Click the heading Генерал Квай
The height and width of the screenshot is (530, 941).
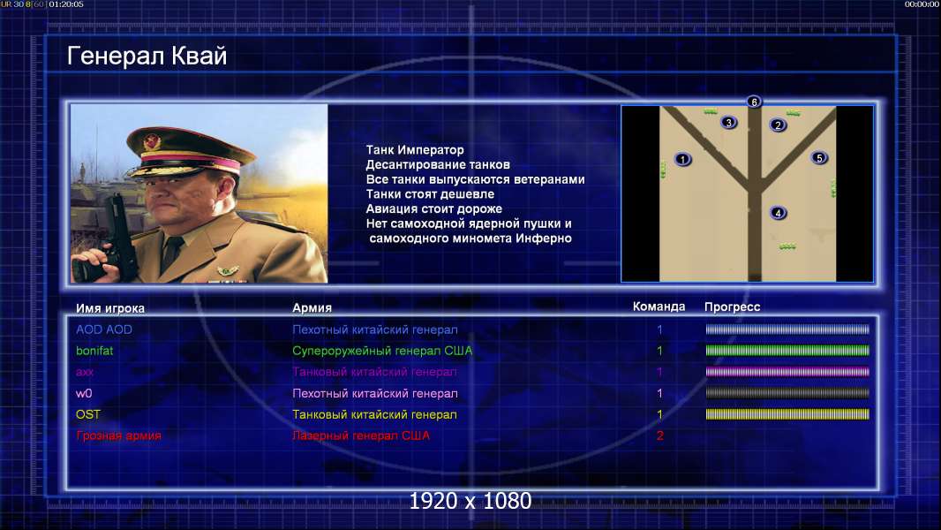tap(147, 57)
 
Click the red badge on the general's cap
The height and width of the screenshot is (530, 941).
tap(153, 141)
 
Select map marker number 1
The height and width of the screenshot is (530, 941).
tap(683, 159)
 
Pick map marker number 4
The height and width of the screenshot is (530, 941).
tap(778, 213)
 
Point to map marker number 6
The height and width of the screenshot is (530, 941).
tap(754, 102)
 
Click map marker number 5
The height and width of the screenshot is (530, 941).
tap(819, 158)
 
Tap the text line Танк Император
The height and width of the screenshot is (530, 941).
tap(415, 150)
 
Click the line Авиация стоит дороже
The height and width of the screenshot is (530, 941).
tap(434, 208)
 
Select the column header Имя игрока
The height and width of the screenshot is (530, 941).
tap(109, 308)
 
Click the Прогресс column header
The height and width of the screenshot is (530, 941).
tap(732, 307)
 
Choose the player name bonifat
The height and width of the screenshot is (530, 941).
tap(94, 351)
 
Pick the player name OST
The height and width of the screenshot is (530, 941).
tap(88, 414)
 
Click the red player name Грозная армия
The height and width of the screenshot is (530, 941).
tap(118, 435)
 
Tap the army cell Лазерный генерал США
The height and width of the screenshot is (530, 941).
tap(361, 435)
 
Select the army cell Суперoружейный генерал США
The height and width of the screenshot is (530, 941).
tap(382, 351)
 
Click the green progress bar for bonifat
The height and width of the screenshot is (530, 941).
tap(787, 351)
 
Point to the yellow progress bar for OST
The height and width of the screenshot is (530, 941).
tap(787, 414)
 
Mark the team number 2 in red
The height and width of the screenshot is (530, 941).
tap(659, 435)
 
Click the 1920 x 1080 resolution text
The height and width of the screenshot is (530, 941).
tap(470, 501)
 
